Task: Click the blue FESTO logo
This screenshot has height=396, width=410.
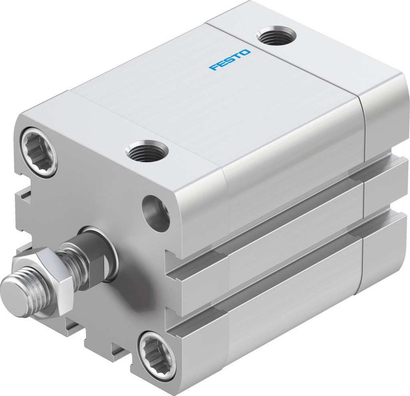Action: pos(230,60)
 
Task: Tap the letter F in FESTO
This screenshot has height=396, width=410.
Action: pos(213,67)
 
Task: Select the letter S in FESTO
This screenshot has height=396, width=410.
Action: pos(230,60)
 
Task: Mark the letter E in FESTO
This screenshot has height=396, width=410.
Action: pos(221,63)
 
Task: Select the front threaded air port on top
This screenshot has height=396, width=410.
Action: pos(147,151)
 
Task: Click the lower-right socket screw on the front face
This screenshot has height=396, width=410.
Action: pos(157,352)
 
